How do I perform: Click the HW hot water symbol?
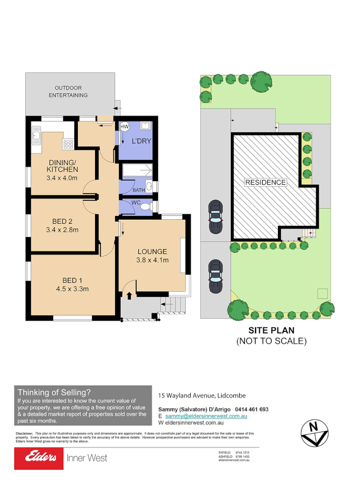pos(124,127)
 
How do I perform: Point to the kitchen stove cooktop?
pos(68,143)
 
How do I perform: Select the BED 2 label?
pos(62,221)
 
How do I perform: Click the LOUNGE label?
pos(152,252)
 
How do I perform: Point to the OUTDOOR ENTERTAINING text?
pos(71,91)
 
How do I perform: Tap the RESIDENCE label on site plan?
pos(265,182)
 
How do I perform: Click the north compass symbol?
pos(313,432)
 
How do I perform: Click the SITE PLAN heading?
pos(271,330)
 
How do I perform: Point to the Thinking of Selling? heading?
pos(54,392)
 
